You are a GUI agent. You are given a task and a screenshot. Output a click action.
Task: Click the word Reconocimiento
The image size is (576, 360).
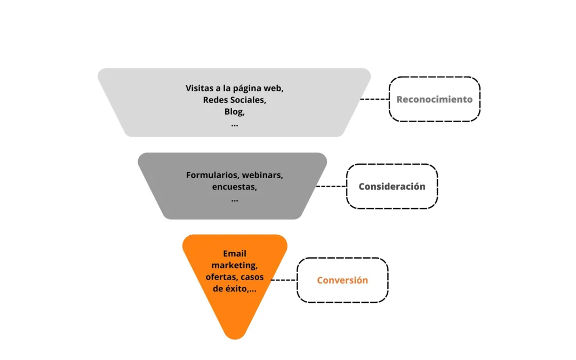click(x=434, y=99)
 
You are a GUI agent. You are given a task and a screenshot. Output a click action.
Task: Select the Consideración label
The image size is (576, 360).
click(x=392, y=186)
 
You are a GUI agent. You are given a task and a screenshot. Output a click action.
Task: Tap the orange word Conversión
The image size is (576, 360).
click(x=342, y=280)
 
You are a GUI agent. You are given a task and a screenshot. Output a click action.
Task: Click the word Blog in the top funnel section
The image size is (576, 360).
click(x=234, y=111)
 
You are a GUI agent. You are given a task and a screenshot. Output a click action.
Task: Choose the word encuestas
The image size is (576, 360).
click(x=234, y=187)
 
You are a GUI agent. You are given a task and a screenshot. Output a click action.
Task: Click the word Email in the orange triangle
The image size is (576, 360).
click(x=235, y=253)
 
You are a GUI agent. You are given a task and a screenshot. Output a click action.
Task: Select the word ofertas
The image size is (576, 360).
click(x=221, y=277)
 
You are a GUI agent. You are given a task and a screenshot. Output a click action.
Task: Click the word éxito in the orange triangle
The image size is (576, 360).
click(x=235, y=289)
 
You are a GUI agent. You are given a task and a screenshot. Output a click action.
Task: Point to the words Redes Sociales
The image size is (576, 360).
click(x=235, y=100)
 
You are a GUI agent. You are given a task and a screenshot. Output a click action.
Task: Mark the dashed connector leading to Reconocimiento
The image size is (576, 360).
click(x=374, y=99)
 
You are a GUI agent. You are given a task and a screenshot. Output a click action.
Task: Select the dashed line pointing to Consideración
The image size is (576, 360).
click(x=331, y=186)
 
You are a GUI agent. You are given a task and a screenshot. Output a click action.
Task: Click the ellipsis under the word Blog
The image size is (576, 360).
click(x=235, y=124)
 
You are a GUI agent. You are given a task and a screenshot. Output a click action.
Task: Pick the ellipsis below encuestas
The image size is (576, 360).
click(x=235, y=199)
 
